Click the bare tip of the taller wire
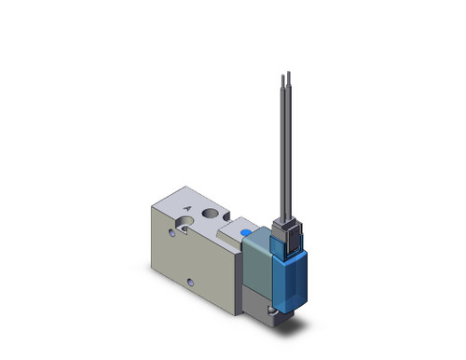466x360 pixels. pos(289,74)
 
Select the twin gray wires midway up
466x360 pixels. pos(285,149)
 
